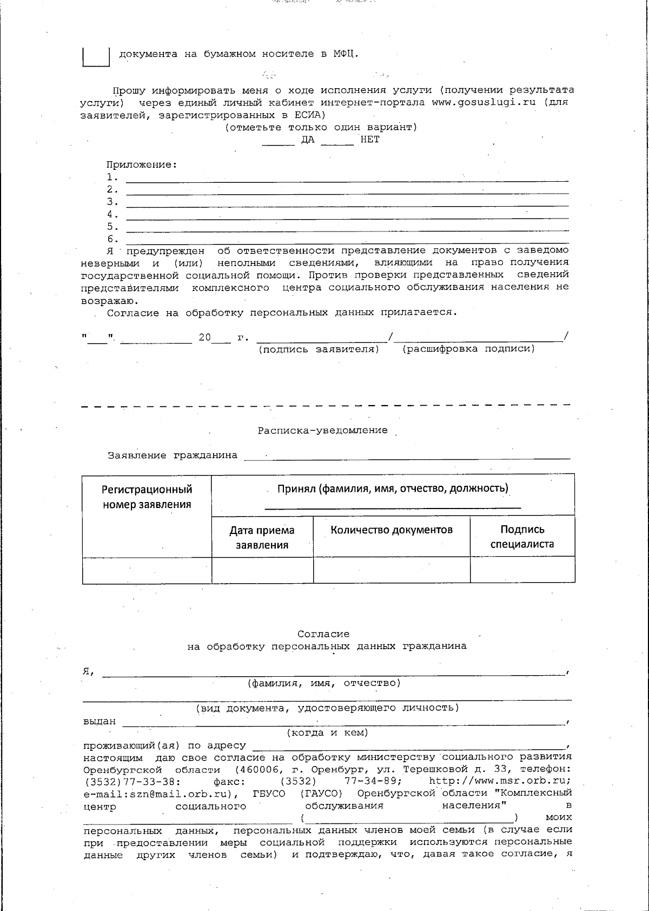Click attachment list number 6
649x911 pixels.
click(112, 239)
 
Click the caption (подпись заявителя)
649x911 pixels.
click(319, 349)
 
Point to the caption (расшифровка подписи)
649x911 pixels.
click(468, 349)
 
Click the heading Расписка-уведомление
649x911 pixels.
click(322, 431)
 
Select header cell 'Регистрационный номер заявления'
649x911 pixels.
click(147, 497)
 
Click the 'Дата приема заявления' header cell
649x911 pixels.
click(262, 537)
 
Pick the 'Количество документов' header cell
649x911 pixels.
click(392, 530)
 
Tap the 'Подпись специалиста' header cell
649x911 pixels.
click(522, 537)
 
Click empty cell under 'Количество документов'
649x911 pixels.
click(392, 570)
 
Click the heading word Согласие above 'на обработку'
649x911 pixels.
click(323, 634)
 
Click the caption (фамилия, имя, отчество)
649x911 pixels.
click(323, 683)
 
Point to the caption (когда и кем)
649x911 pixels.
click(327, 733)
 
